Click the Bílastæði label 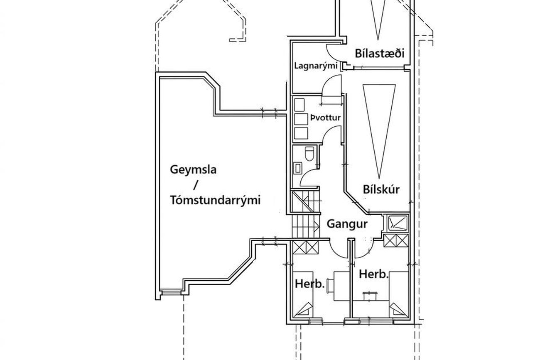(x=379, y=53)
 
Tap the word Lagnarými (x=316, y=66)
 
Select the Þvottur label (x=325, y=118)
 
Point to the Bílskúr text (x=381, y=189)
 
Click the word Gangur (x=347, y=224)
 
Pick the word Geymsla (x=193, y=170)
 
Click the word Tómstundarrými (x=215, y=200)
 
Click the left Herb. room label (x=309, y=284)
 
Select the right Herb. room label (x=374, y=274)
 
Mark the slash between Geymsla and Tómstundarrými (x=195, y=185)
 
